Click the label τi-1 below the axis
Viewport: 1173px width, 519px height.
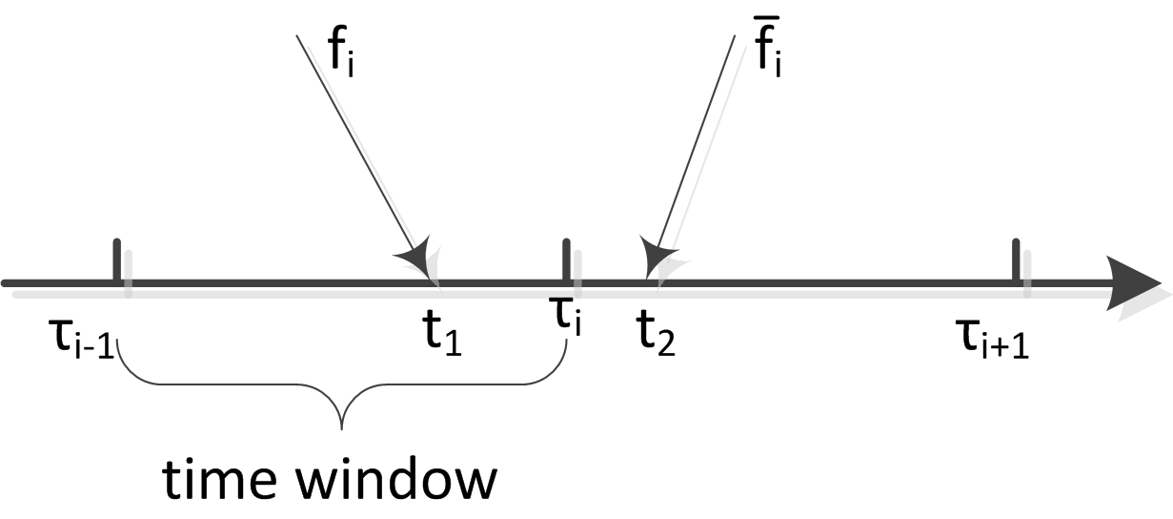click(80, 338)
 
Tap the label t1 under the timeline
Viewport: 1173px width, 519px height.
click(441, 334)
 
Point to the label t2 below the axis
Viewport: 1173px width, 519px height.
click(657, 334)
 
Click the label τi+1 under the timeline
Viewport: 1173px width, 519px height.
click(991, 338)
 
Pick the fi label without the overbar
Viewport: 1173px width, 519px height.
click(344, 54)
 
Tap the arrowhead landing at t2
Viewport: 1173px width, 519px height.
click(657, 256)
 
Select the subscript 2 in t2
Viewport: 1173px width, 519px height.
click(666, 342)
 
